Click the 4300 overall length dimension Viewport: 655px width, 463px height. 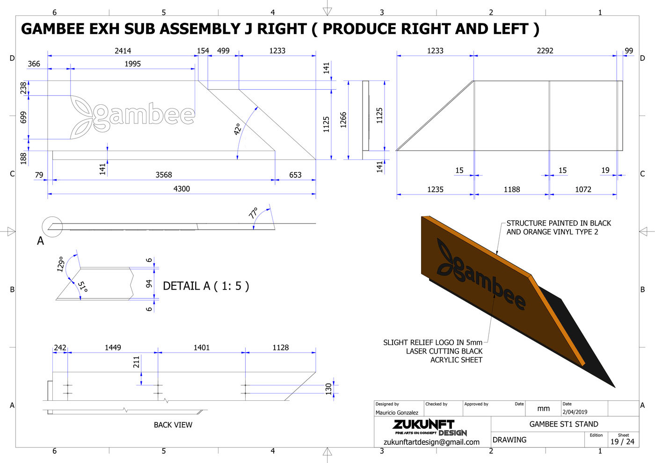click(x=182, y=189)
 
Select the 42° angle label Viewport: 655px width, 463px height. click(x=238, y=129)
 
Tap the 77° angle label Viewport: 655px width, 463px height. click(x=254, y=213)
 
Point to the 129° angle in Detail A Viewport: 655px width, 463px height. click(x=61, y=264)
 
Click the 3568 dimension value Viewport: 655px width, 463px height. click(x=164, y=175)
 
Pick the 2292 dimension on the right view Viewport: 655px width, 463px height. click(x=545, y=51)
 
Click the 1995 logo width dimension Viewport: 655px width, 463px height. click(x=132, y=64)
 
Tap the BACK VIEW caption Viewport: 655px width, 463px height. click(x=173, y=425)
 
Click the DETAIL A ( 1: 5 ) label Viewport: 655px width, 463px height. click(x=206, y=286)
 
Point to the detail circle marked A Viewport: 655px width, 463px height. click(x=52, y=227)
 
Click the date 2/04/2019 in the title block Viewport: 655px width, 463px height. click(x=575, y=412)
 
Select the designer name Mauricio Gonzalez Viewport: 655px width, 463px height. click(x=397, y=412)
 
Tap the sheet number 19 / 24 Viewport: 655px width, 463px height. click(x=622, y=441)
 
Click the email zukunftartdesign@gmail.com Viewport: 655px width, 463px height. click(x=431, y=442)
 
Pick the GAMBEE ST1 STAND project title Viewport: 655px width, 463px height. click(x=564, y=424)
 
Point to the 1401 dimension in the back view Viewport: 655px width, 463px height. click(x=202, y=347)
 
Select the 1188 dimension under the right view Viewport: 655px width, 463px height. click(x=512, y=189)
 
